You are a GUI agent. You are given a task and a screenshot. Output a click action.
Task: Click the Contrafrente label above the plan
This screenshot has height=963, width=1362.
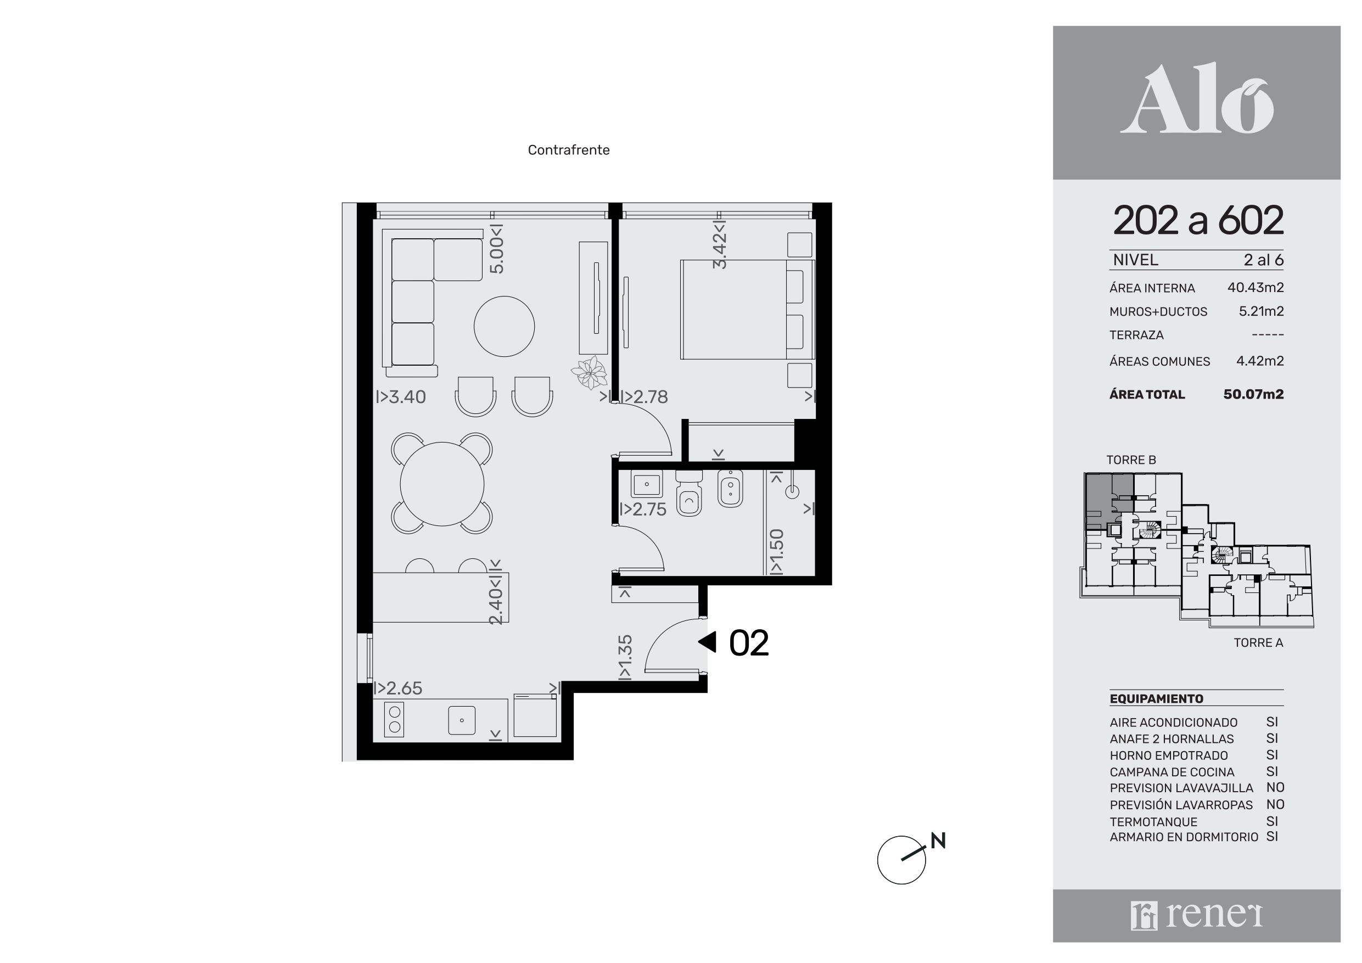568,150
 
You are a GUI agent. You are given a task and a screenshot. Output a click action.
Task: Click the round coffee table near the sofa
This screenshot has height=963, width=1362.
504,326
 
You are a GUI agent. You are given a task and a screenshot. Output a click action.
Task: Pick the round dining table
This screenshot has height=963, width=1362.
442,484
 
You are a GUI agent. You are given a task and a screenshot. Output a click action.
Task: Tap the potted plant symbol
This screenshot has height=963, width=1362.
590,373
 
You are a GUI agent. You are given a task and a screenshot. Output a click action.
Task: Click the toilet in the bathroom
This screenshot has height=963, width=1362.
689,494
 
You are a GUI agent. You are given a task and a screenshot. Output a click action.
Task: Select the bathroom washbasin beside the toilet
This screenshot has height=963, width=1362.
647,484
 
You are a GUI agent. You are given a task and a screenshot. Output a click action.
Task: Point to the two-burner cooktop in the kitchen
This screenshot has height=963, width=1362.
395,719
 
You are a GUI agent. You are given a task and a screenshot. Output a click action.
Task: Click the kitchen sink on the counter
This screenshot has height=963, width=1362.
462,720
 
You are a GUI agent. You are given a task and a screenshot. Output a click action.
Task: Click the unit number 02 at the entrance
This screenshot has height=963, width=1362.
749,643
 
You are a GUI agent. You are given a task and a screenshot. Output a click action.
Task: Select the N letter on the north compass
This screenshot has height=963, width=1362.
938,840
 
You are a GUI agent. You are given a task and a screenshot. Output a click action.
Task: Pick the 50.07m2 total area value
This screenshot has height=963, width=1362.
1253,395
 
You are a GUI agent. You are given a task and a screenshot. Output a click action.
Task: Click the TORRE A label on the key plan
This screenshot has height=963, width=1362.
1258,642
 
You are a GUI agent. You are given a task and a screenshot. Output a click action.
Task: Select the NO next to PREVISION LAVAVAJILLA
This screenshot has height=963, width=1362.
1275,788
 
